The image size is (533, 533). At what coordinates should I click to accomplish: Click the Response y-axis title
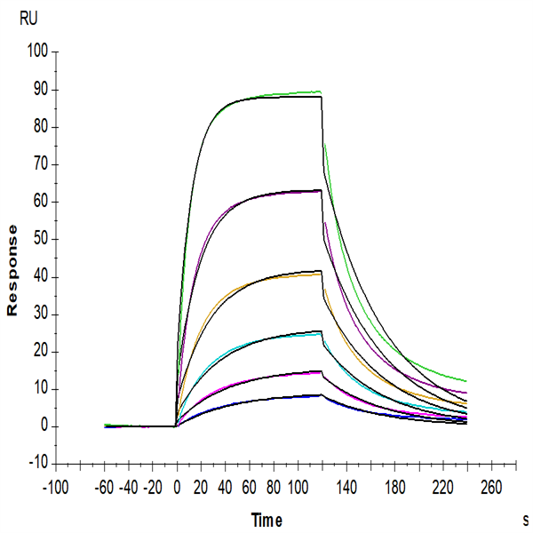[x=13, y=270]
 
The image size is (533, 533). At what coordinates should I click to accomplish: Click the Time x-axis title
[x=266, y=520]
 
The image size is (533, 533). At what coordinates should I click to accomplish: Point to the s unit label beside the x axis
[x=525, y=517]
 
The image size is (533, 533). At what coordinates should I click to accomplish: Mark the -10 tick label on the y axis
[x=35, y=464]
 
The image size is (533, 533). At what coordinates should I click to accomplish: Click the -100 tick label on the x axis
[x=55, y=488]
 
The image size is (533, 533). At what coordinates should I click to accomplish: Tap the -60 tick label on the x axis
[x=105, y=488]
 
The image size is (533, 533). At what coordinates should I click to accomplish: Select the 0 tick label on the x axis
[x=177, y=488]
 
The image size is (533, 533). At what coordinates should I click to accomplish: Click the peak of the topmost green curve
[x=318, y=91]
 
